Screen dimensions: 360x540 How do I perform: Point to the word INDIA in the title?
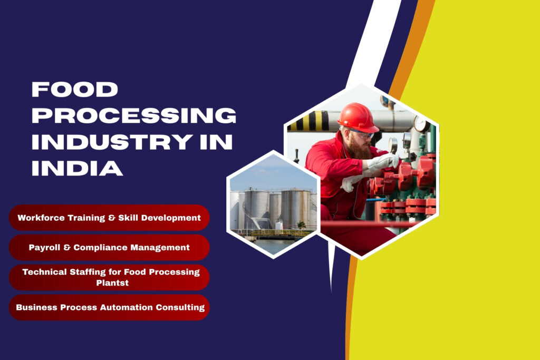(77, 168)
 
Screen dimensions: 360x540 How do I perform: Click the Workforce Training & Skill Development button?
(109, 217)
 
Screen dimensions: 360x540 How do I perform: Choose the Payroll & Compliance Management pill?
(109, 247)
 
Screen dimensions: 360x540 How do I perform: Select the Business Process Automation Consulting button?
(109, 307)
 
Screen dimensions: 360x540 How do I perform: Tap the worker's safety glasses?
(363, 134)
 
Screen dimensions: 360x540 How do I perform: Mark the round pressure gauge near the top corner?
(421, 123)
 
